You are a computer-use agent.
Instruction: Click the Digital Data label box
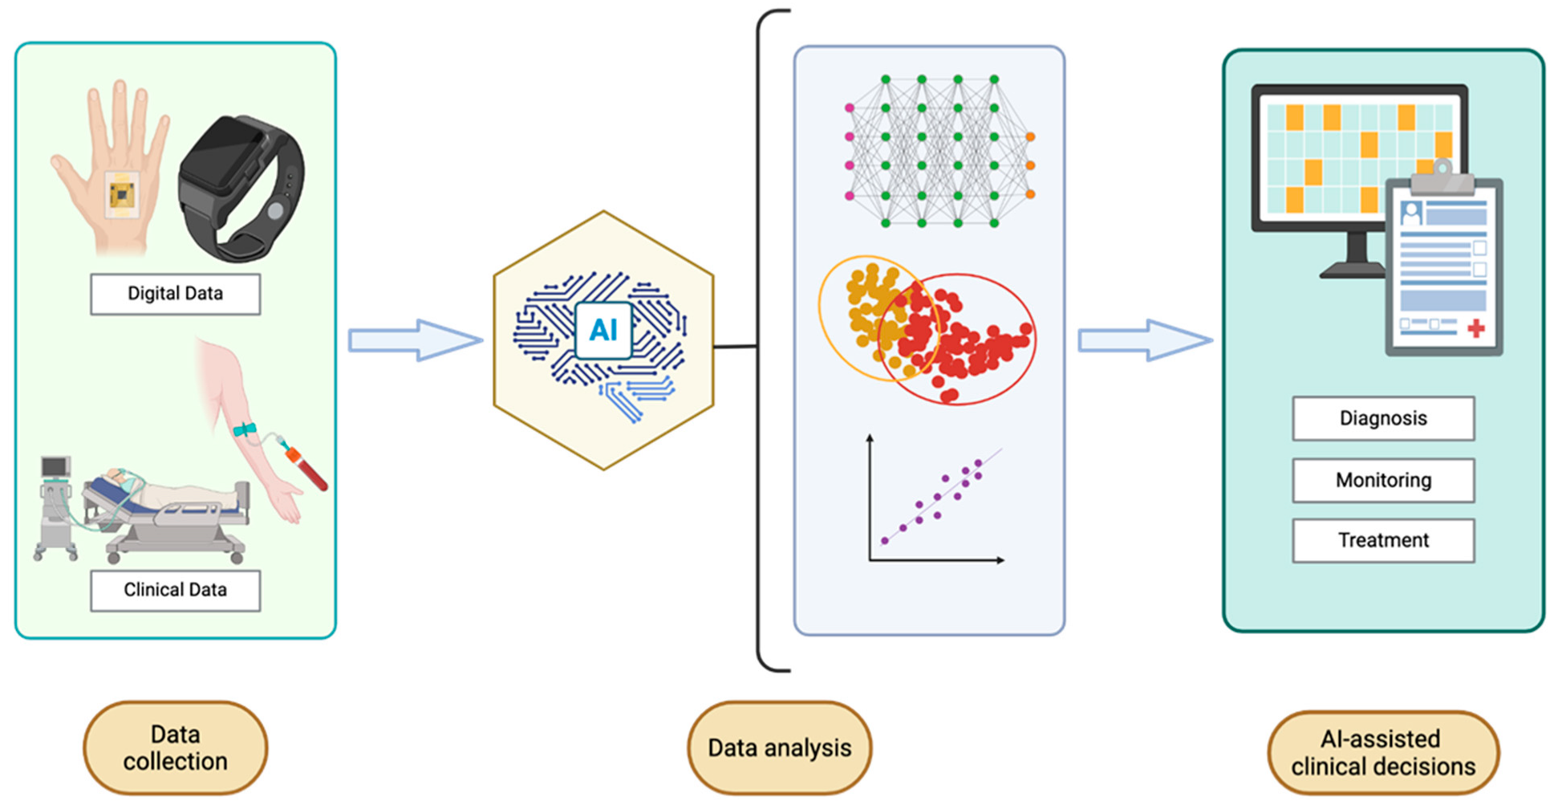175,294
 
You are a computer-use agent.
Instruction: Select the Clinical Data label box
175,591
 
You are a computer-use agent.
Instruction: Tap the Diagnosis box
1383,418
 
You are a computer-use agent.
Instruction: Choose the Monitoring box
1383,480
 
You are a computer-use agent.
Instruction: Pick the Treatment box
1383,540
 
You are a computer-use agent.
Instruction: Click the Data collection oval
175,748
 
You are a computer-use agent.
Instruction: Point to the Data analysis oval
779,748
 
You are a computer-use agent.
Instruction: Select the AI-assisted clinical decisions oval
1383,753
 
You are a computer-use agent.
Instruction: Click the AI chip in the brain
603,330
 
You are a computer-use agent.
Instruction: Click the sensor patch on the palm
122,194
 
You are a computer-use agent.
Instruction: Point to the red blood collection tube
309,470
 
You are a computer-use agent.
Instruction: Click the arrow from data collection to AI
415,340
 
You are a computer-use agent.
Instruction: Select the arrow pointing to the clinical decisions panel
1144,340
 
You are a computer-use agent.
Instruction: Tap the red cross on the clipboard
1475,327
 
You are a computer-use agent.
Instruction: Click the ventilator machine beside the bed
56,506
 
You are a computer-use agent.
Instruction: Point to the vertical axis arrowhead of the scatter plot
870,439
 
